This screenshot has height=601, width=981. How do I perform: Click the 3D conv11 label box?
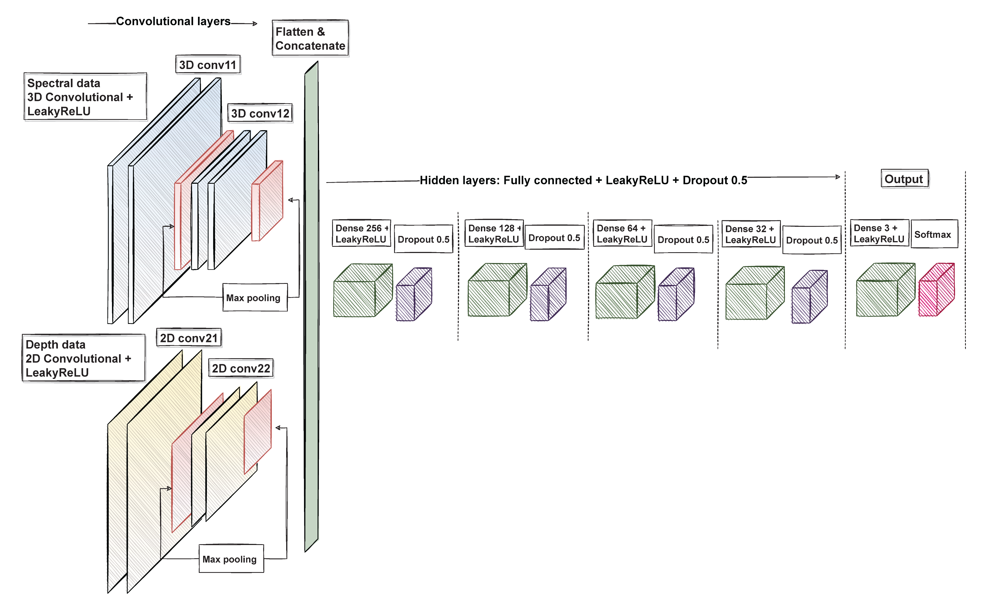point(208,64)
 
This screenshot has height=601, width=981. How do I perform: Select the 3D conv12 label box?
point(260,113)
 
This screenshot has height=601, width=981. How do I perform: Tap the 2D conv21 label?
point(189,338)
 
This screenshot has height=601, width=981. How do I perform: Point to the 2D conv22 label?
point(241,368)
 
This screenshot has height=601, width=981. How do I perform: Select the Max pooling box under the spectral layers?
point(255,297)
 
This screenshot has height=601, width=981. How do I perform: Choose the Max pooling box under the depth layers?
point(231,559)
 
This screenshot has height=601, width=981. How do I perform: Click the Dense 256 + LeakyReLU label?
point(361,233)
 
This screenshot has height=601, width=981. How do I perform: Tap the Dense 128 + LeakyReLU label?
point(494,233)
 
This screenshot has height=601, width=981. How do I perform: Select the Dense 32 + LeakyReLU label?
point(751,234)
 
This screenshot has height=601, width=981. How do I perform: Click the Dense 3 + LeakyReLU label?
point(879,233)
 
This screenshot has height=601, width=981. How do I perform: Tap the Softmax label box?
point(934,234)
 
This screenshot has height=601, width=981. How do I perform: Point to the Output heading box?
point(904,179)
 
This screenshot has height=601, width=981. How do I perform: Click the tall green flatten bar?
point(311,307)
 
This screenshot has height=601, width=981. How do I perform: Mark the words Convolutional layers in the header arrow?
point(173,21)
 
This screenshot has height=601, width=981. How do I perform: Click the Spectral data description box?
point(85,97)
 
